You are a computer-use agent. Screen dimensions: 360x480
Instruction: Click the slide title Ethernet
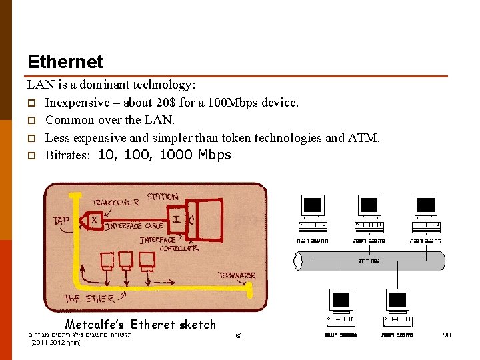click(65, 62)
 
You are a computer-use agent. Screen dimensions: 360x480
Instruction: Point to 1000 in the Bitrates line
click(175, 155)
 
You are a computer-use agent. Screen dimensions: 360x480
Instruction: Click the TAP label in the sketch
click(62, 221)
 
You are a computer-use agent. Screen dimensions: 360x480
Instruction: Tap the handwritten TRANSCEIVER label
click(115, 201)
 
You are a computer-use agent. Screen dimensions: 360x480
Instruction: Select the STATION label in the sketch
click(162, 197)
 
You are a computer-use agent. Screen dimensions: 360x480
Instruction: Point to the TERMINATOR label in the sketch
click(237, 275)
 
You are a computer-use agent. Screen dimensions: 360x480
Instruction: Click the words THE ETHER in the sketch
click(89, 298)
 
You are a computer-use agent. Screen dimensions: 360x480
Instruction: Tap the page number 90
click(447, 335)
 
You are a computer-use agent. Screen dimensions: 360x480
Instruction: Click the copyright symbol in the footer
click(238, 334)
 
